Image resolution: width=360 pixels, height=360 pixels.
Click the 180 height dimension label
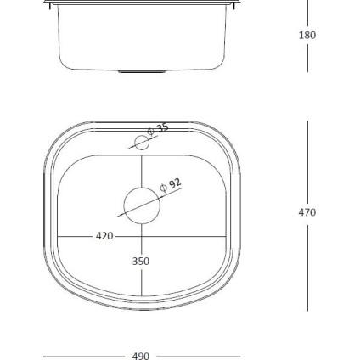point(307,35)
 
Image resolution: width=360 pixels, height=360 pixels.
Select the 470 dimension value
point(307,212)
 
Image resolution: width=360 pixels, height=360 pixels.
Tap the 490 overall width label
point(141,356)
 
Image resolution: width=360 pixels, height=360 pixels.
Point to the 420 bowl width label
point(104,235)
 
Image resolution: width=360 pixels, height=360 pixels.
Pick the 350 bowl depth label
point(141,262)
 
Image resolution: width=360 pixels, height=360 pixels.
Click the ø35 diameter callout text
point(159,128)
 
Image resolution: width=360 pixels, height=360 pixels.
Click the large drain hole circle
point(141,205)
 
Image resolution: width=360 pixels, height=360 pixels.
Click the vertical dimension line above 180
point(307,14)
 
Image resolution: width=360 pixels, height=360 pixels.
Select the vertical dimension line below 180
point(307,59)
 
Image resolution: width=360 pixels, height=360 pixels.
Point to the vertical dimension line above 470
point(307,161)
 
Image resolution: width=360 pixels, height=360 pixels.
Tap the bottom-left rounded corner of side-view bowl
point(64,67)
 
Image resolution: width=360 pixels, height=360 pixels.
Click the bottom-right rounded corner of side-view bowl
point(219,67)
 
